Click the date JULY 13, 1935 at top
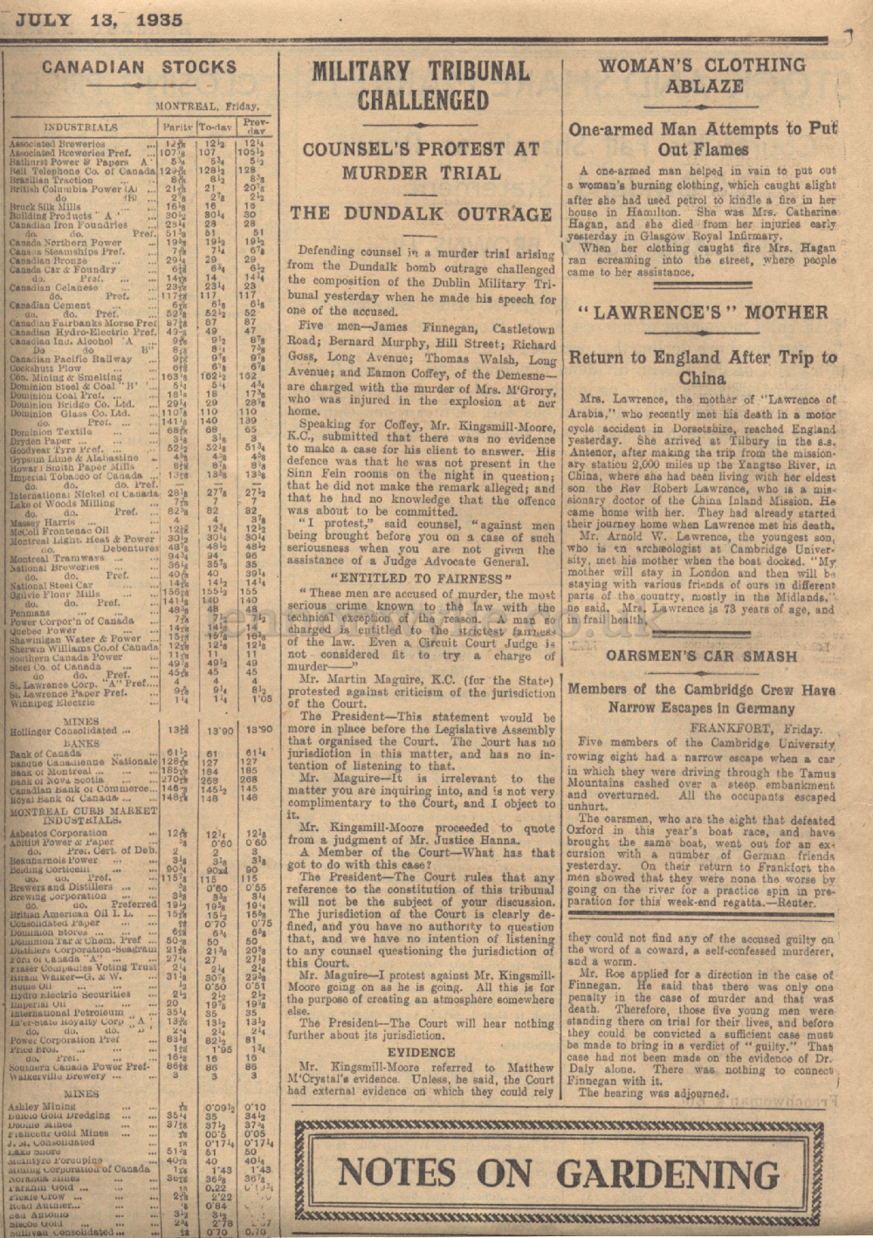pos(100,20)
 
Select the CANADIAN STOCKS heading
pos(139,67)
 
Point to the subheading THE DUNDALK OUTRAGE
pos(421,214)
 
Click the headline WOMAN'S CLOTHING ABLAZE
pos(702,75)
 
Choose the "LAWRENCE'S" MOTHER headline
pos(702,313)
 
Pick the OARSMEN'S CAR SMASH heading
pos(702,654)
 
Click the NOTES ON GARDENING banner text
pos(559,1173)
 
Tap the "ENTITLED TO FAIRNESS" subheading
pos(419,578)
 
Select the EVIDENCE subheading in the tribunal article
pos(421,1052)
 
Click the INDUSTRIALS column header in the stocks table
pos(80,127)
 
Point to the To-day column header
pos(218,127)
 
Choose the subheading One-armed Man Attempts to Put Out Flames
pos(702,139)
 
